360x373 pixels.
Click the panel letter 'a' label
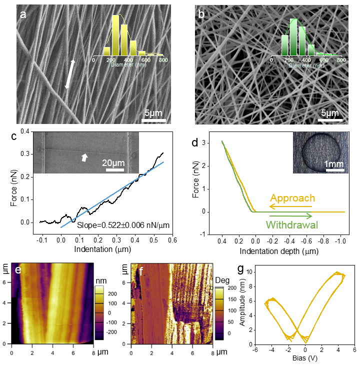23,14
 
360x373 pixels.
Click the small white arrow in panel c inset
84,157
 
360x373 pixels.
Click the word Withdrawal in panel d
288,224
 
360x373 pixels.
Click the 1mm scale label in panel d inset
334,163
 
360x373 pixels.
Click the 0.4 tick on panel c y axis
24,132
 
